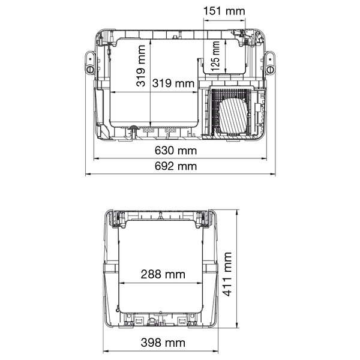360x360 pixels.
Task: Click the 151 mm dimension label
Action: [224, 11]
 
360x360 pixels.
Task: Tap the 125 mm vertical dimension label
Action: [215, 56]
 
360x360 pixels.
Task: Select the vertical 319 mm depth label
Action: [141, 66]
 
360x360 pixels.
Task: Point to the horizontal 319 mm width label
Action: [173, 83]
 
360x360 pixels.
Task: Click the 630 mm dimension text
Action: [176, 151]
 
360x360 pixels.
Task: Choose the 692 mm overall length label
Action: [176, 166]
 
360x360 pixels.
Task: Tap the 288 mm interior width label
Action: [163, 274]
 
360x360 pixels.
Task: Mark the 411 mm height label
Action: [227, 274]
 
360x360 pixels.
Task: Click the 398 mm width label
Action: [163, 343]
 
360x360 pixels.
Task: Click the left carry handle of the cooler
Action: [90, 63]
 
